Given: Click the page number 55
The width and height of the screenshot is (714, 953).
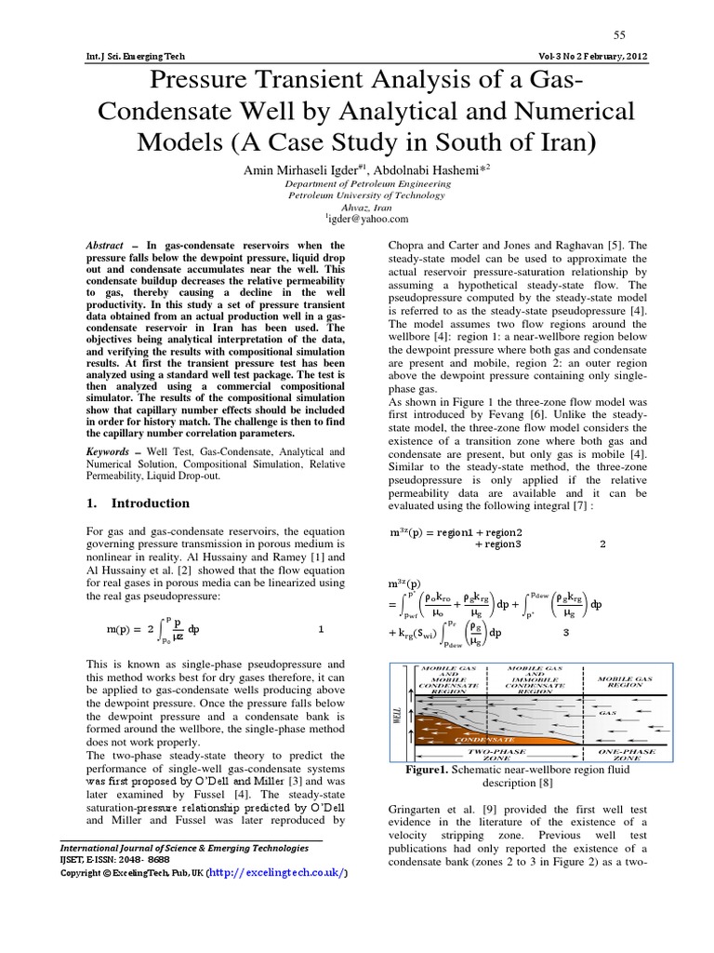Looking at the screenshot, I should click(620, 34).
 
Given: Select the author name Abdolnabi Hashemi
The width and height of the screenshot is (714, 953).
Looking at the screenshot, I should click(437, 170).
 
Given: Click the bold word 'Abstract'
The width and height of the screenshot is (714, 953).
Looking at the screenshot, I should click(104, 245).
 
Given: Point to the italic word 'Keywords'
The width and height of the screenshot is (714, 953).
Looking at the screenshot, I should click(109, 450).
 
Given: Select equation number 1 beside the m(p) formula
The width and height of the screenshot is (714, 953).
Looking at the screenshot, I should click(321, 629).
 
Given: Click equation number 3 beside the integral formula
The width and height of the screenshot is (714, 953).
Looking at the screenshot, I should click(566, 633).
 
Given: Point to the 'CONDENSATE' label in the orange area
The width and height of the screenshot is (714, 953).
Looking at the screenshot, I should click(483, 740).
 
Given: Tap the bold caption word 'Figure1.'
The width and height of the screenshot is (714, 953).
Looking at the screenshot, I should click(429, 771).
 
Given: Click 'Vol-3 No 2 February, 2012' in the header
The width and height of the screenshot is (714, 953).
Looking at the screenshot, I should click(592, 56).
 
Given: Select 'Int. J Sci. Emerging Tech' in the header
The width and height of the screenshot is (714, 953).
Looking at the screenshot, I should click(135, 56).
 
